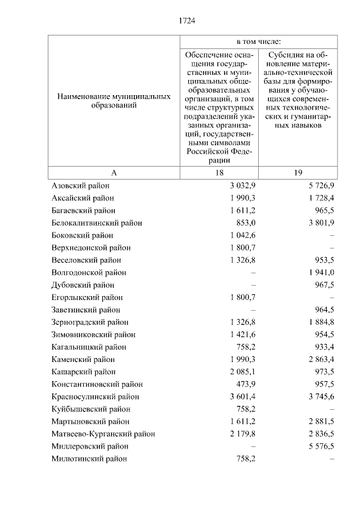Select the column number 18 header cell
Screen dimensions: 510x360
click(x=219, y=173)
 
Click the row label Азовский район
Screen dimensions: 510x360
click(x=80, y=186)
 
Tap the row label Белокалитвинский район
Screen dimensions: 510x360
click(x=96, y=223)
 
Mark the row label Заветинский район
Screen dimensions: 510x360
click(x=85, y=310)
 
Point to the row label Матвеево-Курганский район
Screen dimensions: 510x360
click(x=103, y=434)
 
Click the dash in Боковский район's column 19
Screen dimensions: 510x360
click(x=332, y=235)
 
